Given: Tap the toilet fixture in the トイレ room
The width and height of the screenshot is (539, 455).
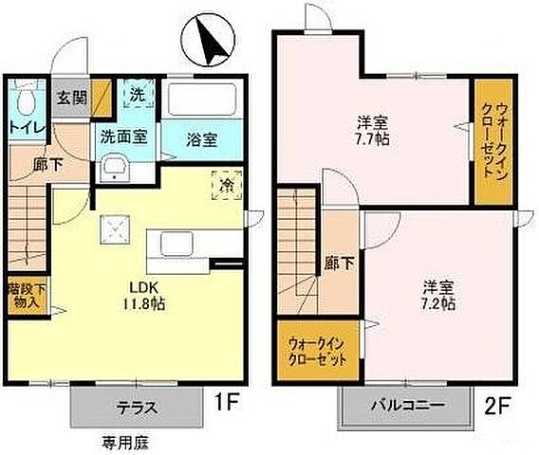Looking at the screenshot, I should (26, 98).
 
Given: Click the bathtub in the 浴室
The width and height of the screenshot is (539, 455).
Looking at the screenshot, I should (202, 101).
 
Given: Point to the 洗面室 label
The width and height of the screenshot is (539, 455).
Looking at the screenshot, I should (123, 136).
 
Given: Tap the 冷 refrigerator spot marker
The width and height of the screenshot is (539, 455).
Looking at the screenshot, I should (228, 182).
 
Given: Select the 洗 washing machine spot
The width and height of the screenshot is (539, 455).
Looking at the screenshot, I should (137, 95).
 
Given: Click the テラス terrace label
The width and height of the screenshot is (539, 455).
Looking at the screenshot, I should (137, 409).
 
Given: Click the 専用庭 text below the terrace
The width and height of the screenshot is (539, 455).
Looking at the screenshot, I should (123, 441).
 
